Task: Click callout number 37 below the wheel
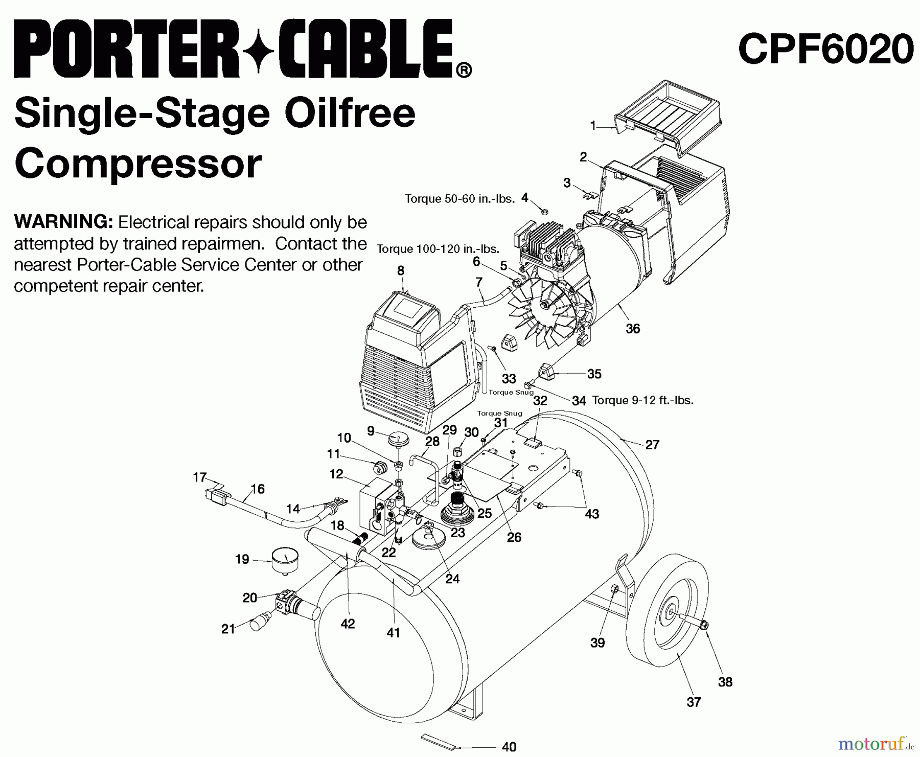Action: coord(693,702)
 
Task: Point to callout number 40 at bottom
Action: coord(509,747)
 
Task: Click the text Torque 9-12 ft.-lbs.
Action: coord(642,400)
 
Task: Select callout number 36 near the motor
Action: coord(633,329)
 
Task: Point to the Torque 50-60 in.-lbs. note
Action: coord(459,199)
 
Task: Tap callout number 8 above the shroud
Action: coord(401,270)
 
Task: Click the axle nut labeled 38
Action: coord(704,624)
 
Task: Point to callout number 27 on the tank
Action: coord(652,445)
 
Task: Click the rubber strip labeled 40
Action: coord(437,741)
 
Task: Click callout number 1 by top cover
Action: coord(593,125)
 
